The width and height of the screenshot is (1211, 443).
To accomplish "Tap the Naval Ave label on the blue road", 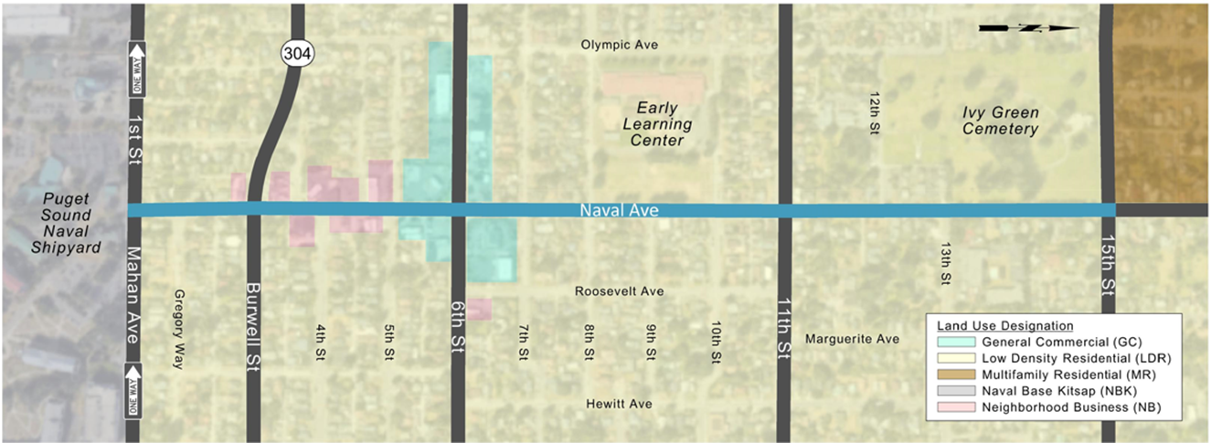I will click(x=620, y=210).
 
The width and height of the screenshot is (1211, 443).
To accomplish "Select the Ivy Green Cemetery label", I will click(x=1001, y=121).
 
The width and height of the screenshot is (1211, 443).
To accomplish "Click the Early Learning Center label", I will click(x=658, y=124).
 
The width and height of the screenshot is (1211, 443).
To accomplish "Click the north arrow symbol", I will click(x=1028, y=28).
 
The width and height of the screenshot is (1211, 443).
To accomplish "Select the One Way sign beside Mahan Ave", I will click(x=137, y=388).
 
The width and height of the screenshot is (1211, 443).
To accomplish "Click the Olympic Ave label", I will click(x=621, y=45).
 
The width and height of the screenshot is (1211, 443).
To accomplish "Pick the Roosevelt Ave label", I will click(x=620, y=291).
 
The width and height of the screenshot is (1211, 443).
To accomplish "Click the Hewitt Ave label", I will click(x=621, y=404).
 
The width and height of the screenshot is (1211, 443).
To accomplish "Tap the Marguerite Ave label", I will click(x=852, y=339).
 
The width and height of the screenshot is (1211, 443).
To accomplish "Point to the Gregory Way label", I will click(x=179, y=329).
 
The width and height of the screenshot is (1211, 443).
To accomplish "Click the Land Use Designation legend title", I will click(x=1004, y=325).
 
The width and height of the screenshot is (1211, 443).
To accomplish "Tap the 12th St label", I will click(x=875, y=113).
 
